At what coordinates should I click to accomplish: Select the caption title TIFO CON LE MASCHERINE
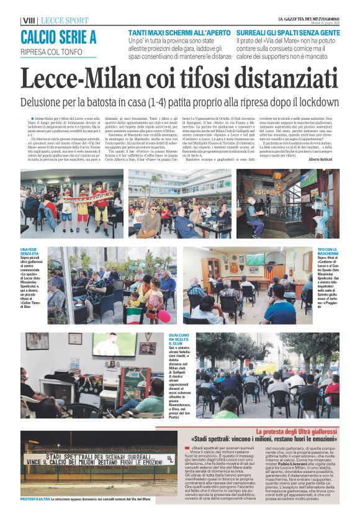tap(328, 251)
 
